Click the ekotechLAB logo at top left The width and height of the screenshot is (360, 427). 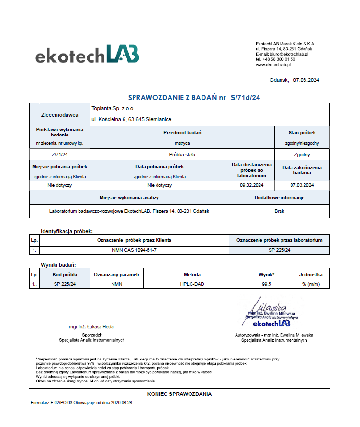(87, 54)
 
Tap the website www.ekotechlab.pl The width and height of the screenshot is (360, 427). (273, 64)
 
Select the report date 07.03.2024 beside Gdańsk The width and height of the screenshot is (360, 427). (306, 80)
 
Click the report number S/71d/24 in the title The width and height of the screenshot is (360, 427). (245, 97)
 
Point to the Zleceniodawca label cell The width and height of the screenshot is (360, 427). (60, 115)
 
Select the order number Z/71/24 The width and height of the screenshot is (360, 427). (60, 155)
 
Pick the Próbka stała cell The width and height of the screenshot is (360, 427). (182, 155)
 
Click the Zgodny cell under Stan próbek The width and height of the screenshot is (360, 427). (302, 155)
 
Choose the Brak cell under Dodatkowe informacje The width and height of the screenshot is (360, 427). (280, 211)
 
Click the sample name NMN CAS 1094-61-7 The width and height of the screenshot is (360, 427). (134, 250)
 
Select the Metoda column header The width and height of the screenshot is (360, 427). (192, 275)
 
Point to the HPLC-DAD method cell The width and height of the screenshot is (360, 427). (192, 284)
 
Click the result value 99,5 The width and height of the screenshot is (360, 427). (267, 284)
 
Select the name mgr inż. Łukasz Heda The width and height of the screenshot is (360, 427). (91, 327)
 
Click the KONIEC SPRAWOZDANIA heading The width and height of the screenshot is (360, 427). (180, 394)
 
